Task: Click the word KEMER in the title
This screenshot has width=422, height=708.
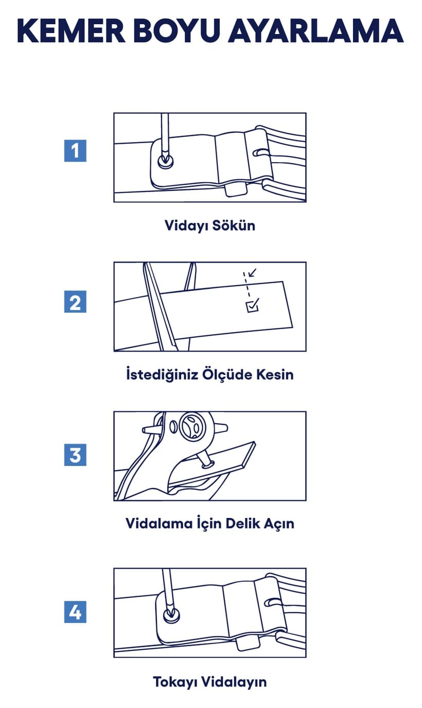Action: pos(72,31)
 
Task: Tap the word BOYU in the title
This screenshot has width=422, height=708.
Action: pos(176,31)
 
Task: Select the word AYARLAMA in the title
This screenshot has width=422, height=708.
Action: pos(315,31)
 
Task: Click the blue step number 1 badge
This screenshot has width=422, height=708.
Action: pos(75,151)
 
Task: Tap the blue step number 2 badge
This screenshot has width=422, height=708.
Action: pos(75,302)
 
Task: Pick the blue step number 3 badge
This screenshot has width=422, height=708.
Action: pos(75,455)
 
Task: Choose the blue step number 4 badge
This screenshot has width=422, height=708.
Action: pos(75,612)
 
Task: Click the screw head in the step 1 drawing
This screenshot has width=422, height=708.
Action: pos(166,161)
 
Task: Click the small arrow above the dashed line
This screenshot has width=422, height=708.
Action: pos(252,272)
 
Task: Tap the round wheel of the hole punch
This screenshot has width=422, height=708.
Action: pos(192,425)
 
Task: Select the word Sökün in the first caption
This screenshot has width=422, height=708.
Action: pos(234,226)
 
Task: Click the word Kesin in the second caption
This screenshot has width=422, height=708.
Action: pos(275,374)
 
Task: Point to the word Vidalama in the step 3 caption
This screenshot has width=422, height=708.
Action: pos(159,524)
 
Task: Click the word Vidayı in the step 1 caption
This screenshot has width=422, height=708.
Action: pos(186,226)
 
